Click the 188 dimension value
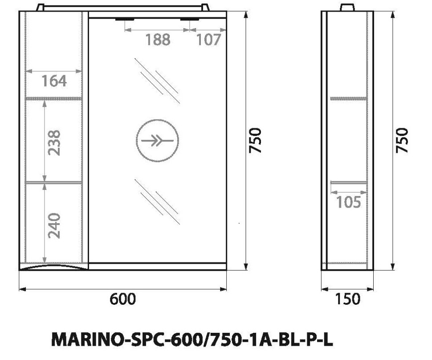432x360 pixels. pos(158,40)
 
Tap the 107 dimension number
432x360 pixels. pos(208,40)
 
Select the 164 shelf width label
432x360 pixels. pos(54,81)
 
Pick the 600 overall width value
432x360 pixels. pos(122,299)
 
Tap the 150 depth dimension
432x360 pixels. pos(347,299)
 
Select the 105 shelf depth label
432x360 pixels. pos(348,202)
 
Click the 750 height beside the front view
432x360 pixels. pos(255,140)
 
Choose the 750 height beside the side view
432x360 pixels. pos(402,140)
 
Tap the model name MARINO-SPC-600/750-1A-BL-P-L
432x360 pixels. pos(192,340)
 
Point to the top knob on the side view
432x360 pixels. pos(347,8)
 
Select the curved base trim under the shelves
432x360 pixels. pos(53,266)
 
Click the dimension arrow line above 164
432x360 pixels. pos(54,71)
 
